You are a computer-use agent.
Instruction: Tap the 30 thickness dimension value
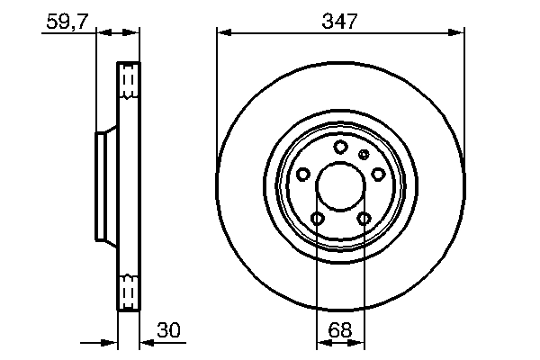[x=168, y=330]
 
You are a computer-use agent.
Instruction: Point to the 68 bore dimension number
[x=340, y=330]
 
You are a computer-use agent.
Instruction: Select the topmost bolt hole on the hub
[x=340, y=148]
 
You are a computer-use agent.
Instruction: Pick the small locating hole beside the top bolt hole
[x=364, y=155]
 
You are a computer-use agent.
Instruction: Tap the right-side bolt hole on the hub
[x=379, y=174]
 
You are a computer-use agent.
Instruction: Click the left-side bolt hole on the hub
[x=302, y=174]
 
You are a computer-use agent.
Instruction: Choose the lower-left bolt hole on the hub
[x=317, y=219]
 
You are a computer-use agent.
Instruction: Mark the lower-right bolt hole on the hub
[x=364, y=219]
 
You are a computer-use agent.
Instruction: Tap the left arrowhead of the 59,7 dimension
[x=101, y=33]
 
